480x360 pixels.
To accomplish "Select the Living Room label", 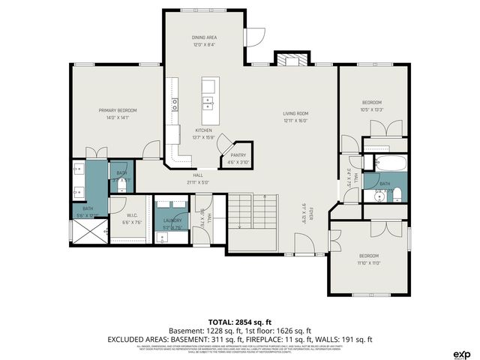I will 296,113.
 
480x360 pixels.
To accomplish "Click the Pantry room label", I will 238,155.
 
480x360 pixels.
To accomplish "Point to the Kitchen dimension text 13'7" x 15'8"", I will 184,136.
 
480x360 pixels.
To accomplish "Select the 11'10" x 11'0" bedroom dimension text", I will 368,262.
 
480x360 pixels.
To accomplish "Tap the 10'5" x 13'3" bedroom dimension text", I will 373,109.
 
